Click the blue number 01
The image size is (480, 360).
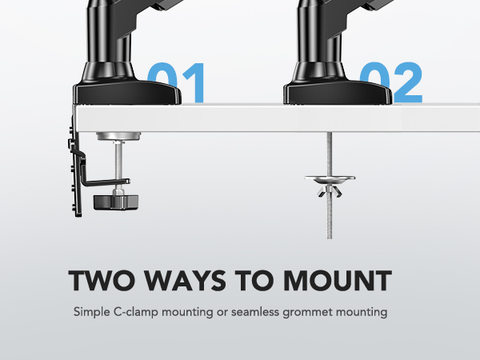pos(178,82)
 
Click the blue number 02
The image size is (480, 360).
pos(390,82)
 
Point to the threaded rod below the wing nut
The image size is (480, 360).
pos(330,220)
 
